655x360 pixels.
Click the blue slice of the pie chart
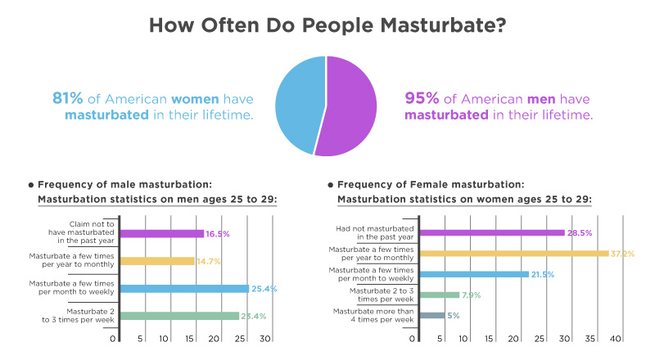point(300,102)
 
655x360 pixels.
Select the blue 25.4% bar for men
point(185,288)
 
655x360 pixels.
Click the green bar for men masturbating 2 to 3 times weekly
point(180,316)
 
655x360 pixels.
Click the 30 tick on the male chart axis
point(264,339)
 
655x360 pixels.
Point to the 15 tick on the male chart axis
point(191,339)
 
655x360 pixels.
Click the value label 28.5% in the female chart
point(580,233)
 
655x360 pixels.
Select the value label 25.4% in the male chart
point(264,289)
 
